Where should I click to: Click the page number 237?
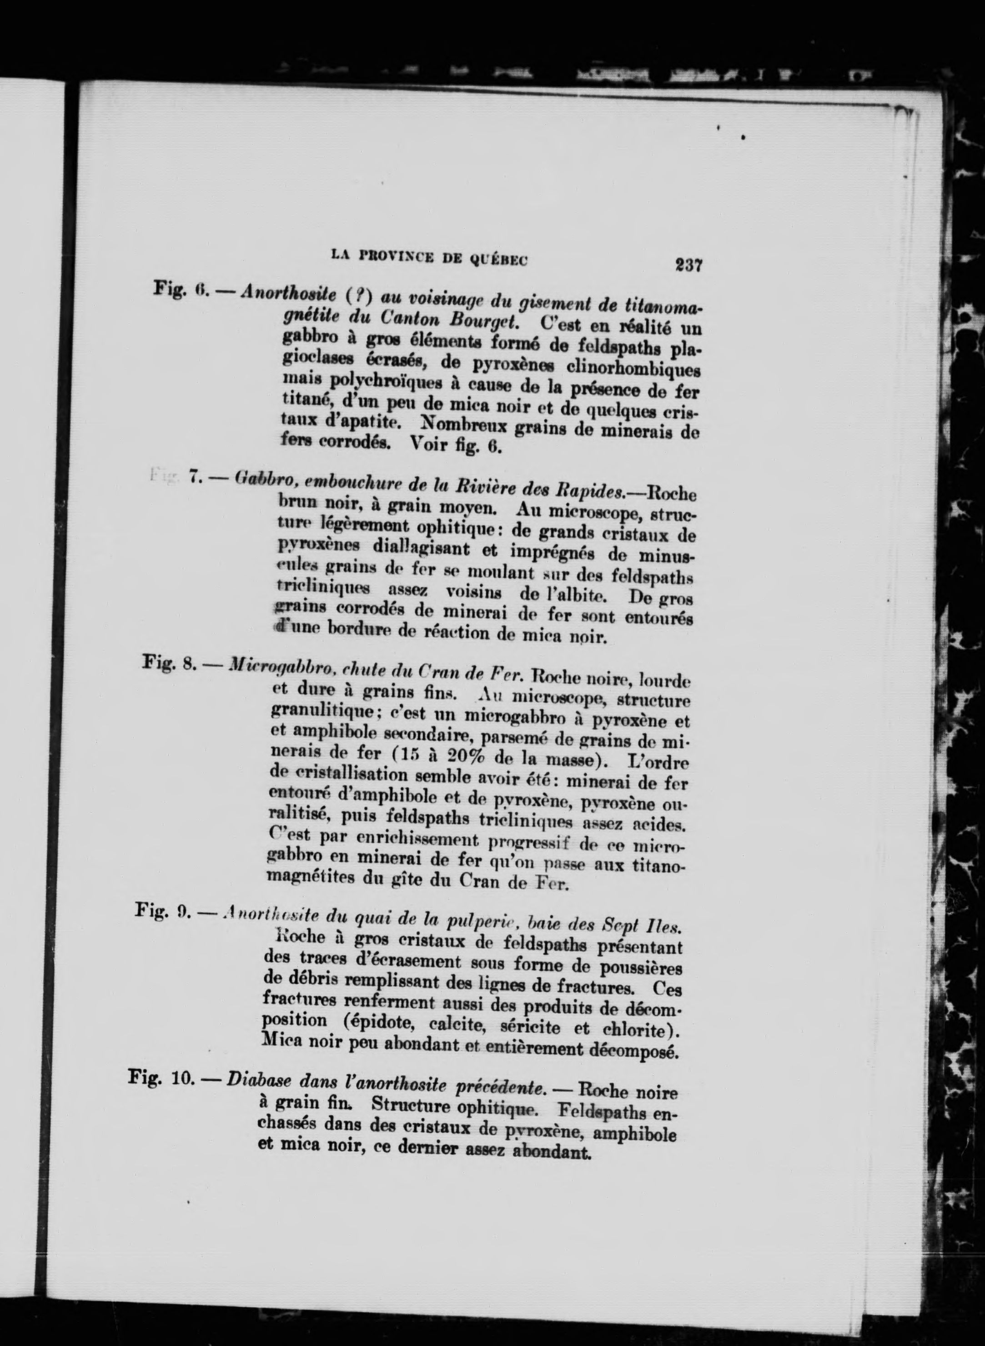click(688, 264)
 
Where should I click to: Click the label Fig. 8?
click(169, 664)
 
